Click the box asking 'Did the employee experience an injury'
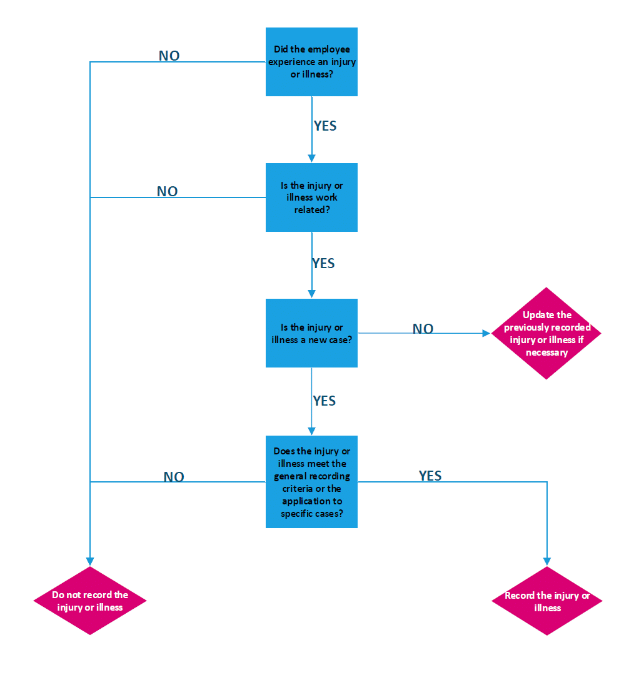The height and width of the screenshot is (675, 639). [x=311, y=62]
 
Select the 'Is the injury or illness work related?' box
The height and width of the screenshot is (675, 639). [x=311, y=197]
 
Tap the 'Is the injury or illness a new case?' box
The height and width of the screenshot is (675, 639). [x=311, y=333]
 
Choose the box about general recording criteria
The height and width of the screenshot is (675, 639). [x=311, y=482]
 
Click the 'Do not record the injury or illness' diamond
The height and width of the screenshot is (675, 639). [x=90, y=601]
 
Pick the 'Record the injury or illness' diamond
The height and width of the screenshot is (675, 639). [x=547, y=601]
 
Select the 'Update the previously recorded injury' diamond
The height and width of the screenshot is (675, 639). [x=546, y=333]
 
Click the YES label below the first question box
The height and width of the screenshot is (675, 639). [x=325, y=126]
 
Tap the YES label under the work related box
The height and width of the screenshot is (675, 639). [x=324, y=264]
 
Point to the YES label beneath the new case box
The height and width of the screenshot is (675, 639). [x=325, y=401]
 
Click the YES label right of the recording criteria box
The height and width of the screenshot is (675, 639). [x=430, y=476]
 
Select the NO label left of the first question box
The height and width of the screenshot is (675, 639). [x=169, y=56]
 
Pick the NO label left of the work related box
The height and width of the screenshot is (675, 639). [x=167, y=192]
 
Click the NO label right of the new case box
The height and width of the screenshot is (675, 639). [x=423, y=329]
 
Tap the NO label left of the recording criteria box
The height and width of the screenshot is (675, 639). [x=174, y=477]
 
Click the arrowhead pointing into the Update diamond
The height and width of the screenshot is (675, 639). [x=487, y=334]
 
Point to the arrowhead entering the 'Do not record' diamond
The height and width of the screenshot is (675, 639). [x=90, y=561]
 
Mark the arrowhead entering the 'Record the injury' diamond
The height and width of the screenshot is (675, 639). [x=547, y=561]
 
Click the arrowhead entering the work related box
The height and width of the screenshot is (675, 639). [x=311, y=159]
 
